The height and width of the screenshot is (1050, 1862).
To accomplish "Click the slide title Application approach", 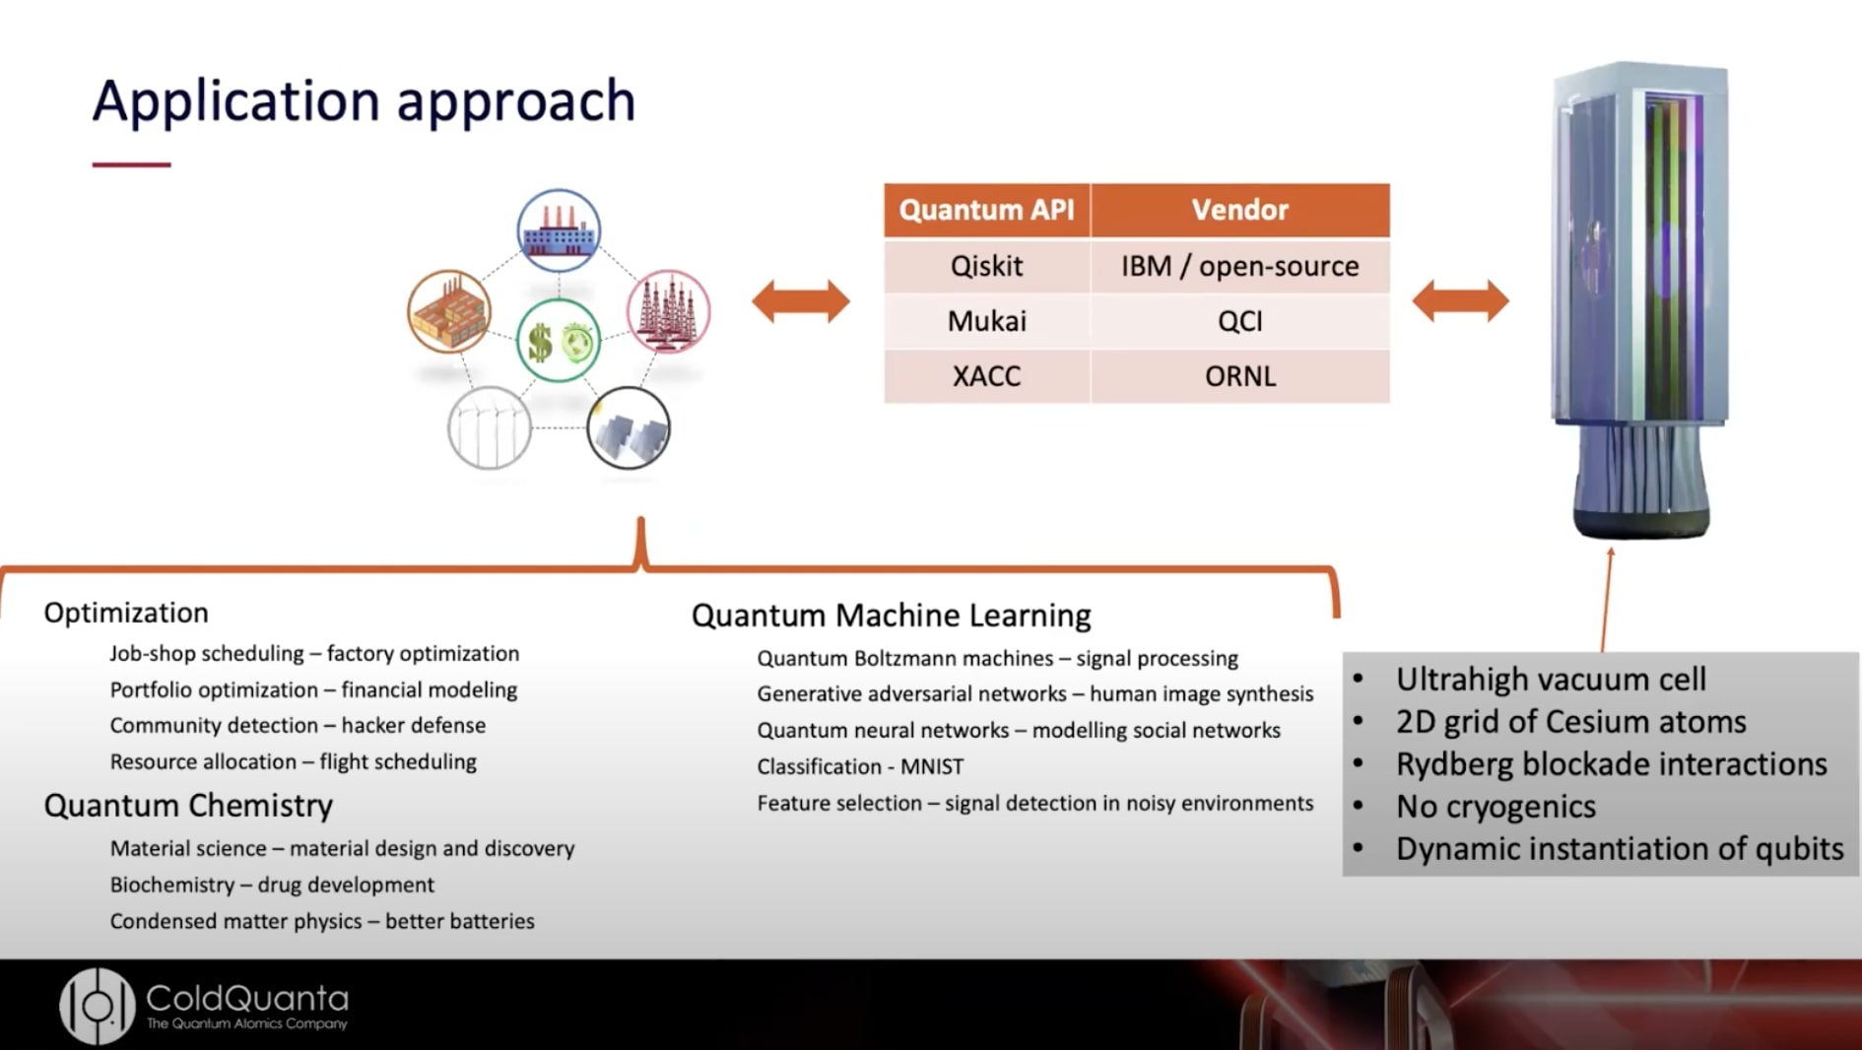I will tap(364, 101).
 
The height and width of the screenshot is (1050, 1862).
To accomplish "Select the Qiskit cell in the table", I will tap(986, 266).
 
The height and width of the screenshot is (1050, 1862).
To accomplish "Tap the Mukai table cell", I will tap(986, 321).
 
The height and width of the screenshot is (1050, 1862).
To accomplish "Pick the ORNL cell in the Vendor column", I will tap(1239, 376).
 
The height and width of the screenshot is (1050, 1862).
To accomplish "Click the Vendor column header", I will tap(1239, 210).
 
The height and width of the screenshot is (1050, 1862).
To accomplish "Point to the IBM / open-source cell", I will tap(1239, 266).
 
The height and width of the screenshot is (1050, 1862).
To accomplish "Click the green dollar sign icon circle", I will tap(559, 342).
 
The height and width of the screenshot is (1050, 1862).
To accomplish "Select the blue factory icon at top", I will tap(559, 230).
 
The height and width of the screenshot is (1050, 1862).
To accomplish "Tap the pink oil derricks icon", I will tap(669, 311).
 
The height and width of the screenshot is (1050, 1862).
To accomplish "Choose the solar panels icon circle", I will tap(629, 428).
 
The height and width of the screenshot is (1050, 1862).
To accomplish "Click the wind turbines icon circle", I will tap(490, 428).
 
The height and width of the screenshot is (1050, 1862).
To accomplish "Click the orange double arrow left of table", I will tap(800, 301).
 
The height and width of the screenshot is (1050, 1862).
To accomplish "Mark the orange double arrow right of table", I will tap(1460, 301).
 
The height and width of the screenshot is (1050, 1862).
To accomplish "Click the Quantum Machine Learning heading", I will tap(891, 616).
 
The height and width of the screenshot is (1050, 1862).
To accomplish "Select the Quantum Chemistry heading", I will tap(188, 806).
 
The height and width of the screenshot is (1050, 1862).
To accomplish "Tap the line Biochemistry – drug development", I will tap(272, 885).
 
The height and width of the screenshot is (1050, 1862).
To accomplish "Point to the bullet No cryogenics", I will tap(1495, 807).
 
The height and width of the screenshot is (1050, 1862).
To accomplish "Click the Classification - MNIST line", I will tap(860, 766).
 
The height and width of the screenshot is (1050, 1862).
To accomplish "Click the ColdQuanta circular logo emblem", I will tap(97, 1006).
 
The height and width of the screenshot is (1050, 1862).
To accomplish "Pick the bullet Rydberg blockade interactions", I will tap(1611, 764).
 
